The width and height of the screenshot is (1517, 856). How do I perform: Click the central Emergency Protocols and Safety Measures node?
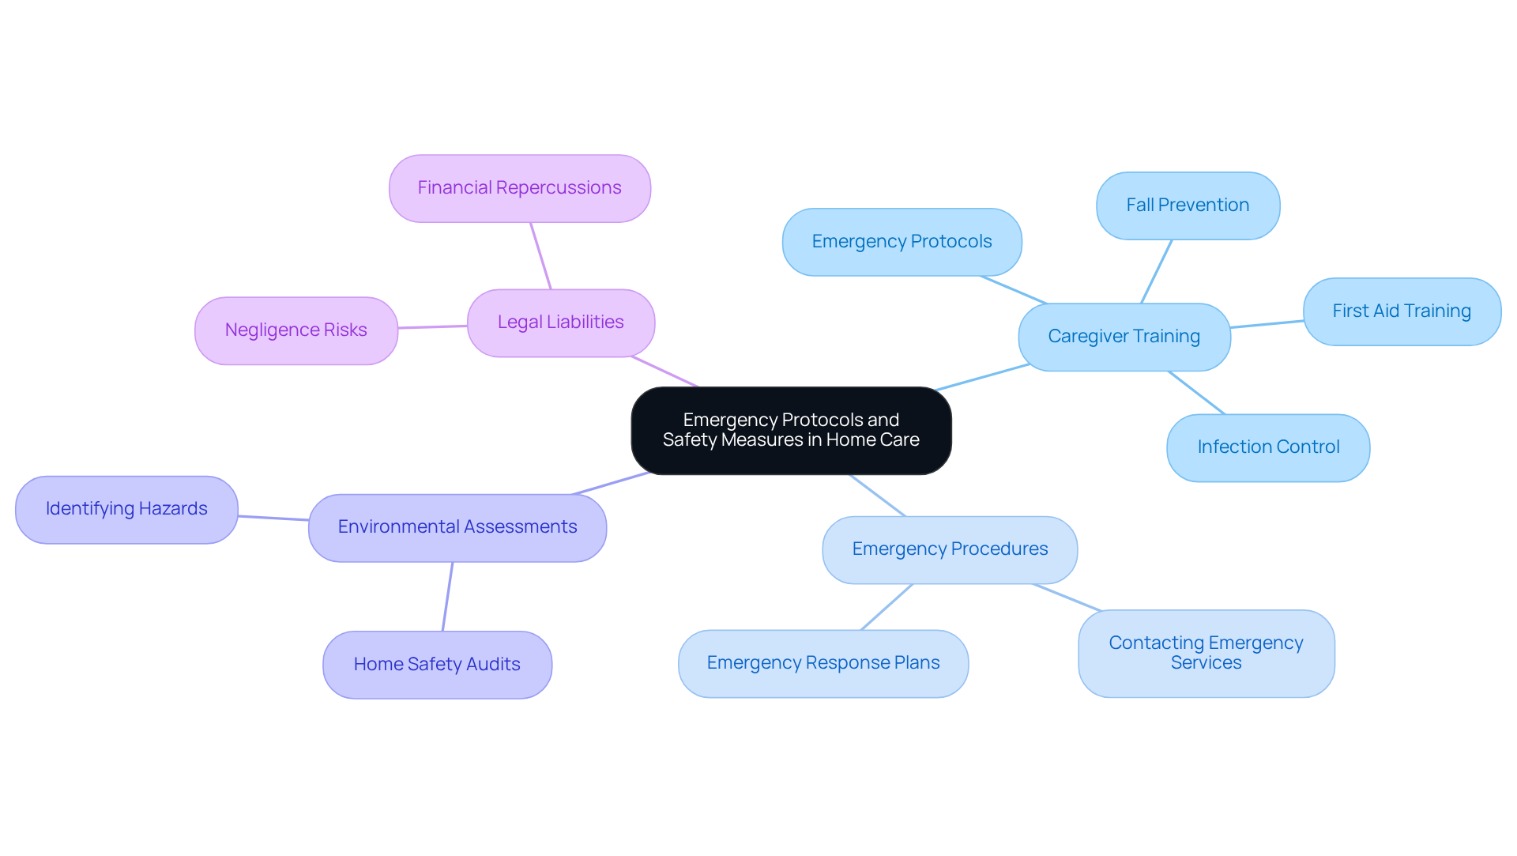(x=791, y=430)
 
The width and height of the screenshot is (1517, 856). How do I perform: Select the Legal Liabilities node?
(x=560, y=322)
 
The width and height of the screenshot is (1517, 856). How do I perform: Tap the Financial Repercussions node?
(x=519, y=188)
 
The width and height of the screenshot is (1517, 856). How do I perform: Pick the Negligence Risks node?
(x=295, y=330)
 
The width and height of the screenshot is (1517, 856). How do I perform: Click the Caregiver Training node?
(x=1124, y=337)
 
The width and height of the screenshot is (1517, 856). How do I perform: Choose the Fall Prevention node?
(x=1188, y=206)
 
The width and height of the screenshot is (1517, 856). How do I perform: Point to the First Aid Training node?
(x=1402, y=311)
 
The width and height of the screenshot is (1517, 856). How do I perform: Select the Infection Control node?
(x=1268, y=447)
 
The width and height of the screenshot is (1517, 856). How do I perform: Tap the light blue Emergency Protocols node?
(x=902, y=242)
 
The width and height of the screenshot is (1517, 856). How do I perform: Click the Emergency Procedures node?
(x=950, y=549)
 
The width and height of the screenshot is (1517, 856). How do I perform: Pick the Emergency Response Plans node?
(x=822, y=663)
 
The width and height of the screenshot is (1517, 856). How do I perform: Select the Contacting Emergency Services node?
(x=1206, y=653)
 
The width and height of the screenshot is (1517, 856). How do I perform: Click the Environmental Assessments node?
(x=457, y=527)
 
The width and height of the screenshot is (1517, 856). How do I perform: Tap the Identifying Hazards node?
(x=126, y=509)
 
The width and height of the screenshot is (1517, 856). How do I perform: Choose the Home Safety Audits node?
(x=437, y=665)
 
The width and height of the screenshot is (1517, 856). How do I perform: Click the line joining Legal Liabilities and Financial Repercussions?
(x=540, y=255)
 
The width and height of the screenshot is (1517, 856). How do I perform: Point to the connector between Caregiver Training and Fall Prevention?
(x=1157, y=271)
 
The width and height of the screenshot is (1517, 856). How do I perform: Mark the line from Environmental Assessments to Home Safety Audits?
(x=447, y=597)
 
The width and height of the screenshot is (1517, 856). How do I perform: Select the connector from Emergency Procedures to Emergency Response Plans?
(x=886, y=607)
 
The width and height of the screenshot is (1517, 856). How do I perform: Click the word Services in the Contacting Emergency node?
(x=1206, y=663)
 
